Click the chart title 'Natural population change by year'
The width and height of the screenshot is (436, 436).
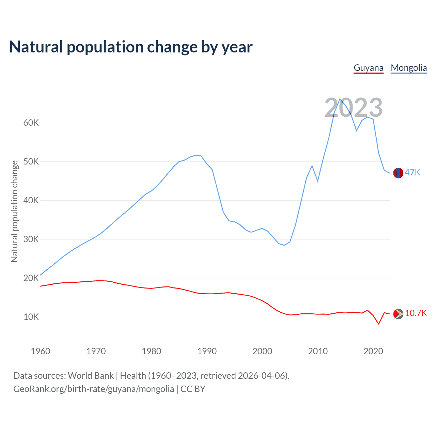(x=131, y=47)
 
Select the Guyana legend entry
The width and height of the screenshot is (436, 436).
(x=369, y=68)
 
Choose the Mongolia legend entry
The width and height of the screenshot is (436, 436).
(x=409, y=68)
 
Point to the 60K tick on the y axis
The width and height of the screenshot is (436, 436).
(x=31, y=123)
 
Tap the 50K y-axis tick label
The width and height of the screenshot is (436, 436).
(x=31, y=161)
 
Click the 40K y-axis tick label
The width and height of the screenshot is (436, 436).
(x=31, y=200)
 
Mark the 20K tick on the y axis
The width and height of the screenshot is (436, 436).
(x=31, y=278)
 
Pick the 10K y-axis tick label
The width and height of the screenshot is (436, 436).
(x=31, y=317)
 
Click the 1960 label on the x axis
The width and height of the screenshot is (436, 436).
(x=41, y=351)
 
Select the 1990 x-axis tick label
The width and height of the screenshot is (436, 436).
(x=207, y=351)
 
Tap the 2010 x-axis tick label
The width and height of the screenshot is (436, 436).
(x=318, y=351)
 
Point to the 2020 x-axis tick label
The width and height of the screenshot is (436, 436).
(x=373, y=351)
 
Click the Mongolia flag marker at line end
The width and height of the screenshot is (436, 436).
(x=398, y=173)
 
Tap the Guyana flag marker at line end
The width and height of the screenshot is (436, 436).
(x=398, y=314)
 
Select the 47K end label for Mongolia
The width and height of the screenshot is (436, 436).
(x=412, y=173)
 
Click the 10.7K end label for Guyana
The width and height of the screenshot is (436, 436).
(x=416, y=313)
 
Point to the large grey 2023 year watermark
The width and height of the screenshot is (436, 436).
(x=353, y=108)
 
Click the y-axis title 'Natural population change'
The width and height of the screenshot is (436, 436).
(x=14, y=211)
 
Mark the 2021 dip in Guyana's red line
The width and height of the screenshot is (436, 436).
(x=378, y=324)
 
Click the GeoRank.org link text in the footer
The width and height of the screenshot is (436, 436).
(x=94, y=389)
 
